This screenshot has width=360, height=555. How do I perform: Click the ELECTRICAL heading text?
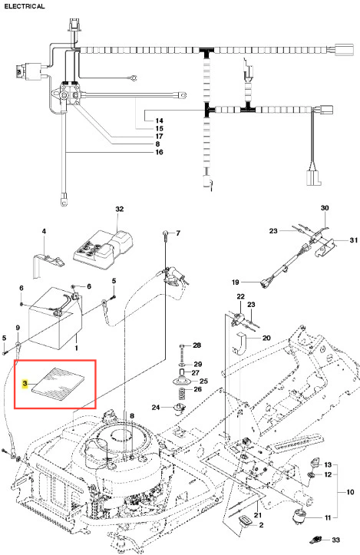coord(25,6)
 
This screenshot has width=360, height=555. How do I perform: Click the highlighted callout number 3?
coord(25,384)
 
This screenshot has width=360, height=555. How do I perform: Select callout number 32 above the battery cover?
coord(120,209)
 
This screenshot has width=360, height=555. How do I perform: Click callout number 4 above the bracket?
coord(44,232)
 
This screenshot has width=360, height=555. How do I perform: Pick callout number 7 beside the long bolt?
coord(178,233)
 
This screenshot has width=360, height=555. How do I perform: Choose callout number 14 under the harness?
coord(160,121)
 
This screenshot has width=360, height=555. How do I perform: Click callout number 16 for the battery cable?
coord(160,152)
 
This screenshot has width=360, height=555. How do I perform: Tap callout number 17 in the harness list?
coord(160,137)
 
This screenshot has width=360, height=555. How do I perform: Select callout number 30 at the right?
coord(325,208)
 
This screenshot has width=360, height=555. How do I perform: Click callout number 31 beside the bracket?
coord(354,240)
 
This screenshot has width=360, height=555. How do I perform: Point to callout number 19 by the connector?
coord(236,282)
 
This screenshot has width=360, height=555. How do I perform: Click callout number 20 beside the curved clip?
coord(266,338)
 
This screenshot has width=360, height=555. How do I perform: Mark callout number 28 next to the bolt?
coord(197,345)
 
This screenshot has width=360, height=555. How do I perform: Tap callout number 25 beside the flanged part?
coord(203,382)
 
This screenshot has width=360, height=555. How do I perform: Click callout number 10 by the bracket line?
coord(350,492)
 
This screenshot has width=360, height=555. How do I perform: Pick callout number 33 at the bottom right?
coord(335,540)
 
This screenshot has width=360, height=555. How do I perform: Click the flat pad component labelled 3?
coord(59,384)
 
